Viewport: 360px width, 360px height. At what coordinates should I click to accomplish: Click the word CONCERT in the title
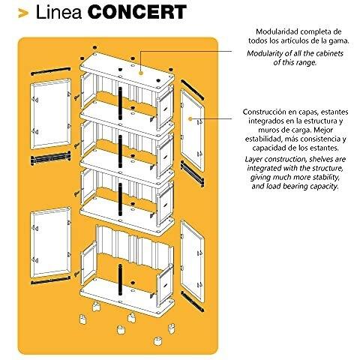click(x=137, y=12)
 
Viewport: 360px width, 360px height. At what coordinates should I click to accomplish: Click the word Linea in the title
click(x=58, y=12)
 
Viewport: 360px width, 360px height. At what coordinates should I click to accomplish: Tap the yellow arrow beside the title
click(x=23, y=13)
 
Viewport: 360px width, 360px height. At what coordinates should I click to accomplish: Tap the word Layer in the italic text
click(x=253, y=159)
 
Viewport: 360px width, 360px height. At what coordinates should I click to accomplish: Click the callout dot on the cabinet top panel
click(x=141, y=73)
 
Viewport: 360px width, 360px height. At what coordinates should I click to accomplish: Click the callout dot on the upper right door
click(x=190, y=118)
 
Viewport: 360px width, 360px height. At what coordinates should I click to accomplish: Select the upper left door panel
click(x=50, y=114)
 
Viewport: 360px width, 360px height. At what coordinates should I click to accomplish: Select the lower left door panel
click(x=50, y=242)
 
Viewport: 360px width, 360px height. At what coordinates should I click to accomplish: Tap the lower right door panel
click(x=192, y=261)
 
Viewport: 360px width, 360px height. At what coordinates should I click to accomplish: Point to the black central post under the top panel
click(x=120, y=103)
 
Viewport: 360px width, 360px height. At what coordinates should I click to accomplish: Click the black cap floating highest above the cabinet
click(x=94, y=47)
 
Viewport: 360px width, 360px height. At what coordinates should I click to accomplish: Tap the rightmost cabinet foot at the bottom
click(x=172, y=328)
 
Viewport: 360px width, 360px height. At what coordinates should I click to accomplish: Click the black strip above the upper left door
click(x=50, y=71)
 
